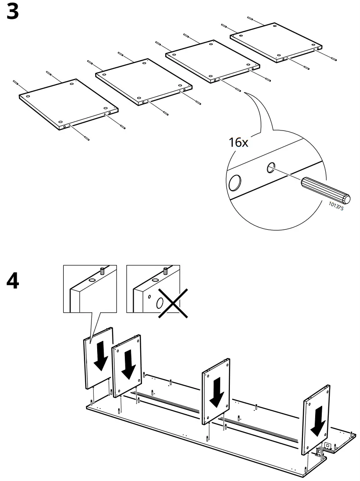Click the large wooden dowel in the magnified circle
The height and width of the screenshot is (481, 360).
(326, 190)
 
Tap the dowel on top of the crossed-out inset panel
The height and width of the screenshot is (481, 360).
(165, 270)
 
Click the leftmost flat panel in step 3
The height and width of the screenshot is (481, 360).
(68, 104)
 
